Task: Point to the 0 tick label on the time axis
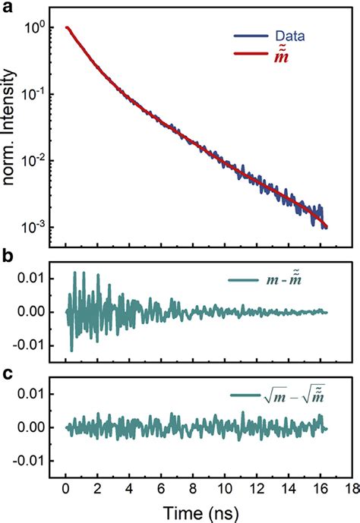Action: pos(66,486)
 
